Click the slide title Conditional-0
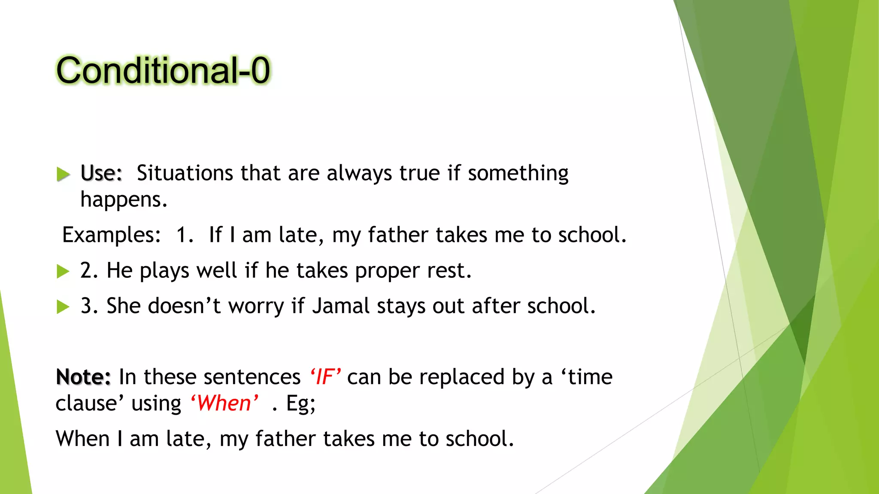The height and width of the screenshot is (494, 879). (163, 71)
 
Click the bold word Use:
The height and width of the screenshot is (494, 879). (101, 173)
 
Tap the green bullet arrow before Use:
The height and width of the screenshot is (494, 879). (63, 174)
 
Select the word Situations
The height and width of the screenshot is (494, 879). (185, 173)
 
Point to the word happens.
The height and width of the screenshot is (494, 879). (123, 200)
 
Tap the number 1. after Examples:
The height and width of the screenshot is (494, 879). (185, 235)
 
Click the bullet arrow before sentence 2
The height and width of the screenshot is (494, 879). (63, 271)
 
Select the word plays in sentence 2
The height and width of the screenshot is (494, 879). (164, 271)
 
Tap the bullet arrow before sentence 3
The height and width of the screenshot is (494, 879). (63, 307)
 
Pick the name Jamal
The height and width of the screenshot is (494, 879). (341, 306)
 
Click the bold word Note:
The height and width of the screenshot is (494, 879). (83, 377)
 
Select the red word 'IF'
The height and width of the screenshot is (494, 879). (325, 377)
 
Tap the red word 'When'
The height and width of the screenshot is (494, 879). (224, 403)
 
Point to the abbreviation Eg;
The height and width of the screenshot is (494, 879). (300, 404)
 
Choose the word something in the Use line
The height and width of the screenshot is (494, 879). (518, 173)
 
